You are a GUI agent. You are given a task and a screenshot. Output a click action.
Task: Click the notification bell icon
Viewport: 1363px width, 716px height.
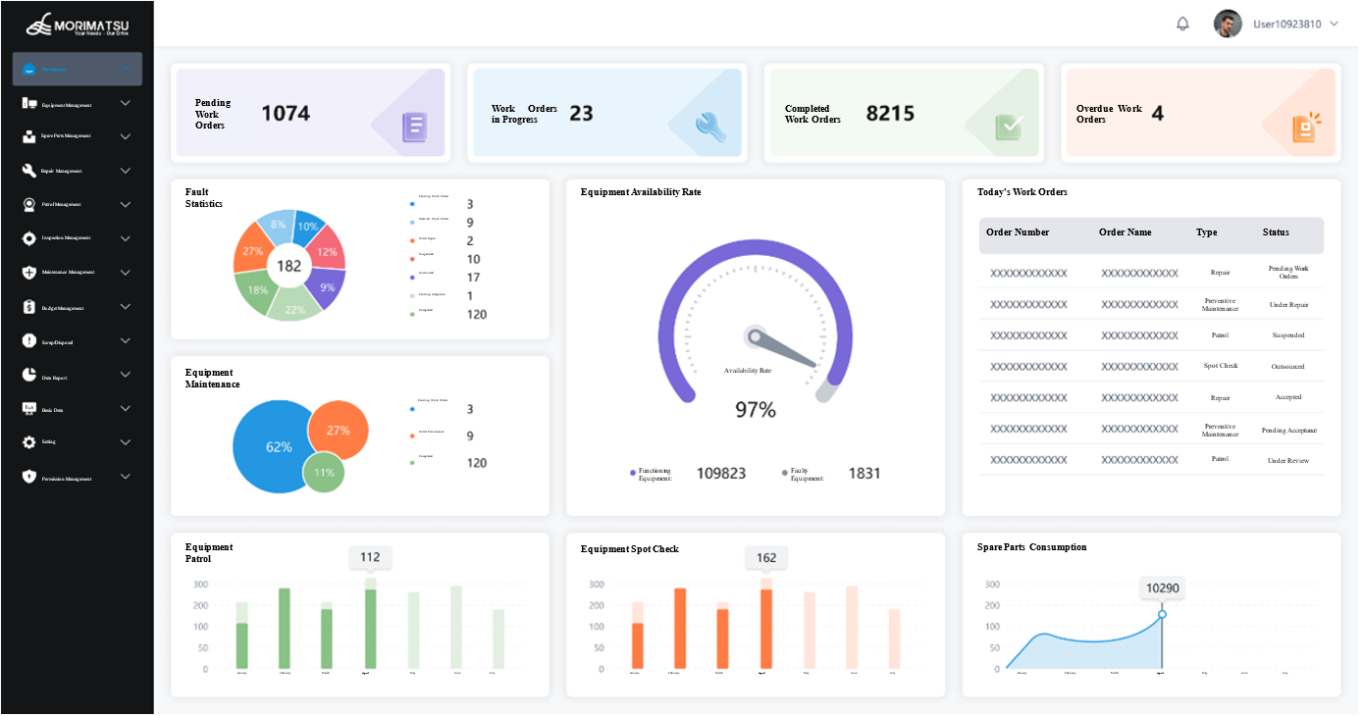1182,25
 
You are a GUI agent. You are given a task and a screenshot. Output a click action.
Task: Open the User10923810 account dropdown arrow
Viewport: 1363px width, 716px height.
1334,25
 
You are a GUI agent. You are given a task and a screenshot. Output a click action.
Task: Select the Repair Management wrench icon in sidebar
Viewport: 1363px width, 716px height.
29,171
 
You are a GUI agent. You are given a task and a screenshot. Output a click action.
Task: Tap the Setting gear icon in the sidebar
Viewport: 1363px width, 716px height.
29,442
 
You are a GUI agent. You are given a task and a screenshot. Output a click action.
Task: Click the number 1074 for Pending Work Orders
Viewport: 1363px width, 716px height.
286,114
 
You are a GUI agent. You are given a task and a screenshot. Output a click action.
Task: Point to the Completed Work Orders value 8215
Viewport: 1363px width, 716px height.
890,114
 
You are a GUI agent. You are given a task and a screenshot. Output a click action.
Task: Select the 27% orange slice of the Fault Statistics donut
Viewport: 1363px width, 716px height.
252,251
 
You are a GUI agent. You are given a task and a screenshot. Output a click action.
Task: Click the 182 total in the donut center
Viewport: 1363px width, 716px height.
288,266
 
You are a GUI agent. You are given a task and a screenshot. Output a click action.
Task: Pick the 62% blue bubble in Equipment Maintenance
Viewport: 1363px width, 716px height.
275,447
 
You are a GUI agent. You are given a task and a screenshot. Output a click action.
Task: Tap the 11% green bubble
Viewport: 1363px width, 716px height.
324,472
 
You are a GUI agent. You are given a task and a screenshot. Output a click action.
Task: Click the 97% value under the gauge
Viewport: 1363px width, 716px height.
756,410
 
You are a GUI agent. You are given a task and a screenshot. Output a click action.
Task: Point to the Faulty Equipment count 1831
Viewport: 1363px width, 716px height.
865,474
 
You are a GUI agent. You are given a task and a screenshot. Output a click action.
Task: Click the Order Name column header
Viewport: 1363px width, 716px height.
1126,233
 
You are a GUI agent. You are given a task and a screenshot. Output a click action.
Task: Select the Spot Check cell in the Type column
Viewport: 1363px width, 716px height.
1221,366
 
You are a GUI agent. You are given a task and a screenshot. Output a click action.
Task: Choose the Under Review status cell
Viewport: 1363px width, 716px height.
1287,460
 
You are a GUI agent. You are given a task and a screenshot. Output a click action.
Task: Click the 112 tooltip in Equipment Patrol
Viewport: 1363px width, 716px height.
370,557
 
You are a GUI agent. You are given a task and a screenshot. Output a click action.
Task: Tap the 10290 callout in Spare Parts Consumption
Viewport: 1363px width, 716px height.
1162,588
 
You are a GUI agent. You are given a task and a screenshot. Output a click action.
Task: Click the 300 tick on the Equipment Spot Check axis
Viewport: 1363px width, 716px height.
597,585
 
